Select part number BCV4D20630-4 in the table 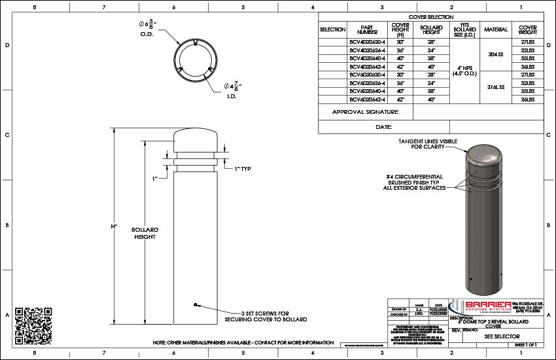pyautogui.click(x=367, y=41)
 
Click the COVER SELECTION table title pyautogui.click(x=430, y=17)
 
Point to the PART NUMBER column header pyautogui.click(x=367, y=29)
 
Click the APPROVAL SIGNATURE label pyautogui.click(x=365, y=112)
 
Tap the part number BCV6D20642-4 pyautogui.click(x=367, y=99)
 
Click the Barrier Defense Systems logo pyautogui.click(x=484, y=308)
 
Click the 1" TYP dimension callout pyautogui.click(x=243, y=168)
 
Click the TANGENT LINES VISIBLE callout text pyautogui.click(x=427, y=144)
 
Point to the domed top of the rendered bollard pyautogui.click(x=482, y=158)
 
